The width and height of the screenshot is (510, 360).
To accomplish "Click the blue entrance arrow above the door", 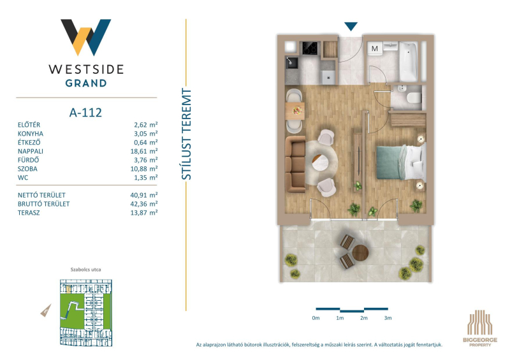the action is point(351,26).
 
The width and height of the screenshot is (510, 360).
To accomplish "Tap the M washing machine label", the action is point(375,48).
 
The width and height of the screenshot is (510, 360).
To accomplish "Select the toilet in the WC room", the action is point(414,97).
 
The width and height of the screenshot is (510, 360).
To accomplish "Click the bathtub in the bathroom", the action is point(408,62).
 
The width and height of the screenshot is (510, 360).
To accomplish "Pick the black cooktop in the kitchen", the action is point(310,48).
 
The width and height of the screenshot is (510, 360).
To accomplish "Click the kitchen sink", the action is point(291,63).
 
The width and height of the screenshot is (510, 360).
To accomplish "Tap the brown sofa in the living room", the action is point(295,164).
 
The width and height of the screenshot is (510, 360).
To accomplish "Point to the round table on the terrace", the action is point(360,253).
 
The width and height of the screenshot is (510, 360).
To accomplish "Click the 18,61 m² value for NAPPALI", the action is point(144,151).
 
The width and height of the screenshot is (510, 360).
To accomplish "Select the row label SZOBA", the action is point(27,169).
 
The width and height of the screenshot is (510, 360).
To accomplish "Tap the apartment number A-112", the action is point(85,113).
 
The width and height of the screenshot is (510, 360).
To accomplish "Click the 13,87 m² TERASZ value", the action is point(144,213).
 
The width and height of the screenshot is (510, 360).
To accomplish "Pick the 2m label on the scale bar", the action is point(363,318).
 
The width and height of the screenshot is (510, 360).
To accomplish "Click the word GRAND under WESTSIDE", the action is point(86,83).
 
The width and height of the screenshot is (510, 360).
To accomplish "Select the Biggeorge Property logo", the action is point(480,328).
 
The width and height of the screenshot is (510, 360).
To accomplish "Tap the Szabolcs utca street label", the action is point(86,270).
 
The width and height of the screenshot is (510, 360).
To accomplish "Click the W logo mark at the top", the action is point(86,37).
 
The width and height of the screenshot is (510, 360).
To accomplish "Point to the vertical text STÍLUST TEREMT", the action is point(186,134).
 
